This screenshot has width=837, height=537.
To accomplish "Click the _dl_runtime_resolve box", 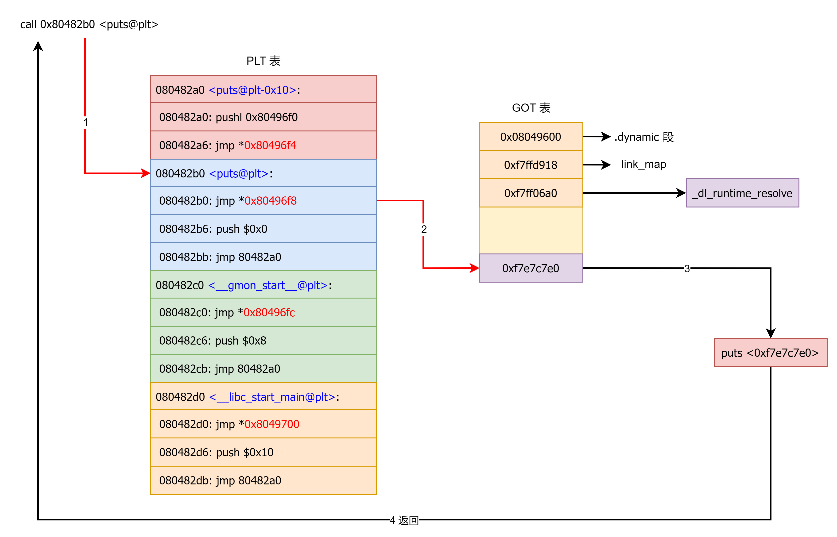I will pos(742,193).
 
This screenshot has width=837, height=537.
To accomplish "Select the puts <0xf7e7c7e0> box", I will pos(770,353).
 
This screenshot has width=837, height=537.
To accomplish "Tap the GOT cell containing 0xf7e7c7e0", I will pos(531,268).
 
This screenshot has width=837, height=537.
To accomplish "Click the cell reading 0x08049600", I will pos(531,137).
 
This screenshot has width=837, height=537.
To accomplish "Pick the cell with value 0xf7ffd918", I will pos(531,165).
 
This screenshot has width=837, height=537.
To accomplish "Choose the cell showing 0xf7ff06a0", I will pos(531,193).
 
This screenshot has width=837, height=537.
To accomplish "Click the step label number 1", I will pos(85,122).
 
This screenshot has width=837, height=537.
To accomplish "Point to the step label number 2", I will pos(424,230).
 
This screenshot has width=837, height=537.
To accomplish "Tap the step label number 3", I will pos(687,269).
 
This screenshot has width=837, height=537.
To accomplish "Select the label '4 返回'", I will pos(404,521).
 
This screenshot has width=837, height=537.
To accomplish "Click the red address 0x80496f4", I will pos(270,145).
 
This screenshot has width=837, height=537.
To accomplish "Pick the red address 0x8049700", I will pos(272,424).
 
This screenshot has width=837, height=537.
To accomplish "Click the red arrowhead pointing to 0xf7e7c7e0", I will pos(474,268).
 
